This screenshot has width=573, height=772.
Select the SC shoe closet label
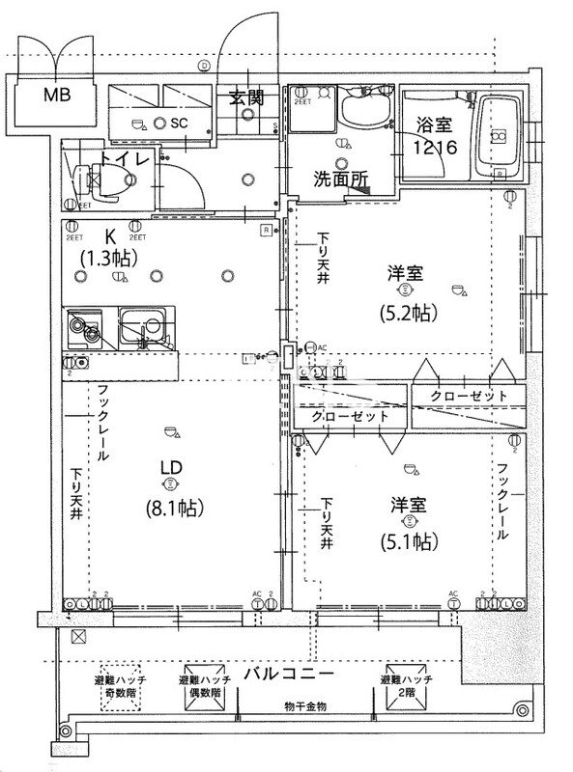click(178, 124)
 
